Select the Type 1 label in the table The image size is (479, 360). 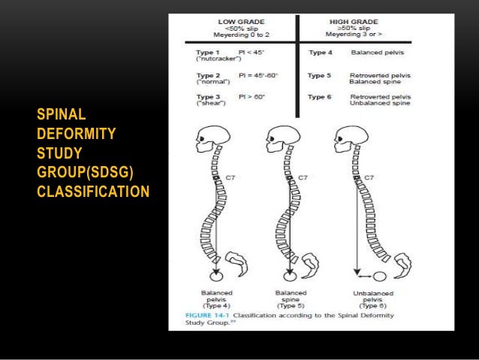pyautogui.click(x=200, y=52)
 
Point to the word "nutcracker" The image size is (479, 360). pyautogui.click(x=206, y=59)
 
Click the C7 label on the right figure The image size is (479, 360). pyautogui.click(x=369, y=177)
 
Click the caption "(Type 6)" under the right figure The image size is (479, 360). pyautogui.click(x=368, y=306)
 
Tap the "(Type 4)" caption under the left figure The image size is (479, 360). pyautogui.click(x=216, y=306)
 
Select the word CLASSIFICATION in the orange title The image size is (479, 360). pyautogui.click(x=92, y=191)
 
